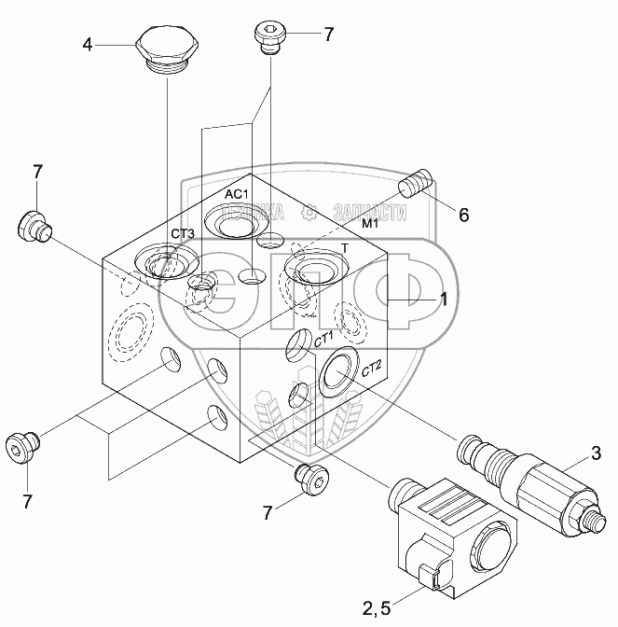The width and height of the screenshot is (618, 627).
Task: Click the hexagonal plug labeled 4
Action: click(x=167, y=49)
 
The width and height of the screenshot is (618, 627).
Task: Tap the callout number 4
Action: click(x=88, y=45)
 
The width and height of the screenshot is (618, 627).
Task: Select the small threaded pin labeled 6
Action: click(x=416, y=184)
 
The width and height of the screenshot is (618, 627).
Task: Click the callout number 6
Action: click(x=463, y=216)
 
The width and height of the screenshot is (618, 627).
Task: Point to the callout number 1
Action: click(x=444, y=300)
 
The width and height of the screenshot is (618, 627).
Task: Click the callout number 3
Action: click(x=596, y=453)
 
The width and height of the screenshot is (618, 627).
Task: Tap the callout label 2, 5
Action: click(x=377, y=608)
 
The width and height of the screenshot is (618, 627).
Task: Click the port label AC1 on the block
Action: click(x=236, y=194)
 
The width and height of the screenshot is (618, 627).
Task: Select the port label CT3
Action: click(x=183, y=233)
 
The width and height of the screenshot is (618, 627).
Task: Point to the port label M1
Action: click(x=370, y=224)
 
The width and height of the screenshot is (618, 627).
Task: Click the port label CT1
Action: click(x=323, y=341)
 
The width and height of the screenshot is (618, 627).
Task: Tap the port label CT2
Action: click(x=372, y=368)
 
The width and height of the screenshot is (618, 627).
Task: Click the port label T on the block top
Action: click(x=346, y=248)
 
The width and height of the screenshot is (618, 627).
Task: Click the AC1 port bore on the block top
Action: click(x=237, y=222)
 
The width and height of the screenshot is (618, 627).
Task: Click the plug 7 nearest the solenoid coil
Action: click(x=311, y=479)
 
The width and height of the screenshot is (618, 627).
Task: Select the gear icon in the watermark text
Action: click(x=309, y=212)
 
